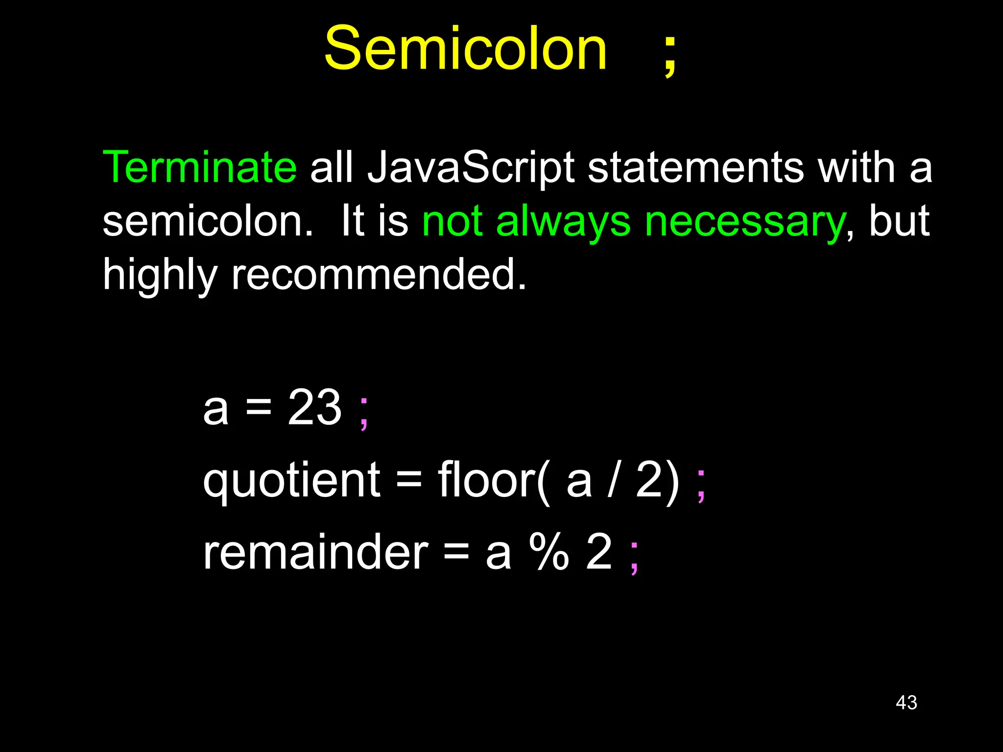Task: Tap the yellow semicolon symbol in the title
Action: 670,55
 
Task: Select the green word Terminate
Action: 199,167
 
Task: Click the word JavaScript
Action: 471,168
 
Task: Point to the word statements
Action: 695,167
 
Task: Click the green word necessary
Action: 744,221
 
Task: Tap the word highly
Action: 160,275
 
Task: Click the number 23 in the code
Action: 314,407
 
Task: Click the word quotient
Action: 291,481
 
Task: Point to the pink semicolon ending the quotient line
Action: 701,485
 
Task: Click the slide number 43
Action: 906,703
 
